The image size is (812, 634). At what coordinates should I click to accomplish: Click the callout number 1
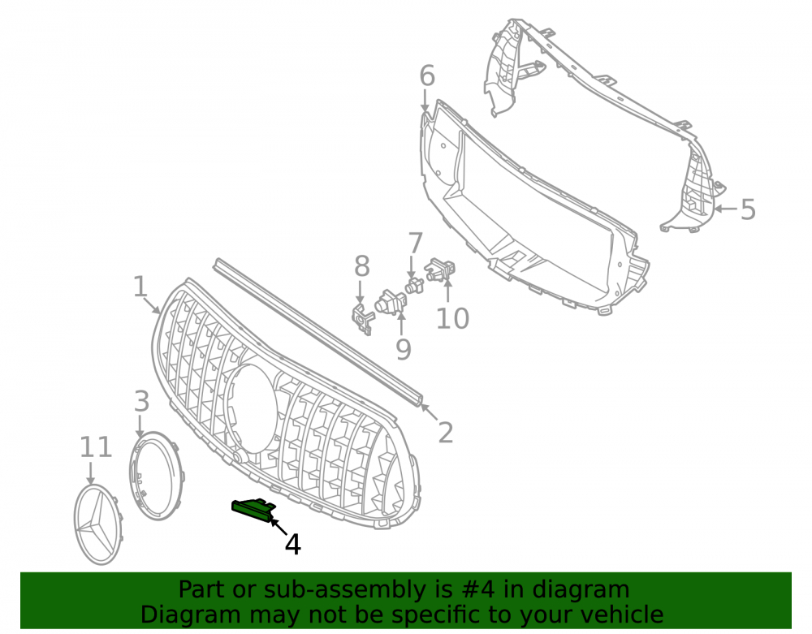tap(140, 287)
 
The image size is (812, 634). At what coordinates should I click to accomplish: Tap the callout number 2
tap(445, 432)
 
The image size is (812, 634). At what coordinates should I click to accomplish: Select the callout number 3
tap(142, 402)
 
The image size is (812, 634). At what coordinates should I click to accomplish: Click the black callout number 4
tap(293, 545)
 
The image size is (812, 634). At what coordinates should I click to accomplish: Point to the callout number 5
tap(748, 209)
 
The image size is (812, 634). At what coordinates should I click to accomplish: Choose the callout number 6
tap(427, 76)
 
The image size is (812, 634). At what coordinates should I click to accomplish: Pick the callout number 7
tap(415, 244)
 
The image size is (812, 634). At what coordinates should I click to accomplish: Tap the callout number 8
tap(362, 266)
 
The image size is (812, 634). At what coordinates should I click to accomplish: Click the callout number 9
tap(404, 349)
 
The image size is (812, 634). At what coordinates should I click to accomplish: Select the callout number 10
tap(452, 318)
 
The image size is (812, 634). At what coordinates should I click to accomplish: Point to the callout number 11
tap(96, 447)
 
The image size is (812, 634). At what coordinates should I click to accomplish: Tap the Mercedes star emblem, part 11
tap(98, 524)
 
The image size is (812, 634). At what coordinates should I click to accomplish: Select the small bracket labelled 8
tap(362, 319)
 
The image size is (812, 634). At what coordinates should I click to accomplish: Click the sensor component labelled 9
tap(391, 302)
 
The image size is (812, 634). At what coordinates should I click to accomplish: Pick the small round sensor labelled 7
tap(414, 285)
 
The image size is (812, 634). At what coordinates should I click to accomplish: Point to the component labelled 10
tap(439, 269)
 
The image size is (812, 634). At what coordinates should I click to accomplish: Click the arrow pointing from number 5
tap(725, 209)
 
